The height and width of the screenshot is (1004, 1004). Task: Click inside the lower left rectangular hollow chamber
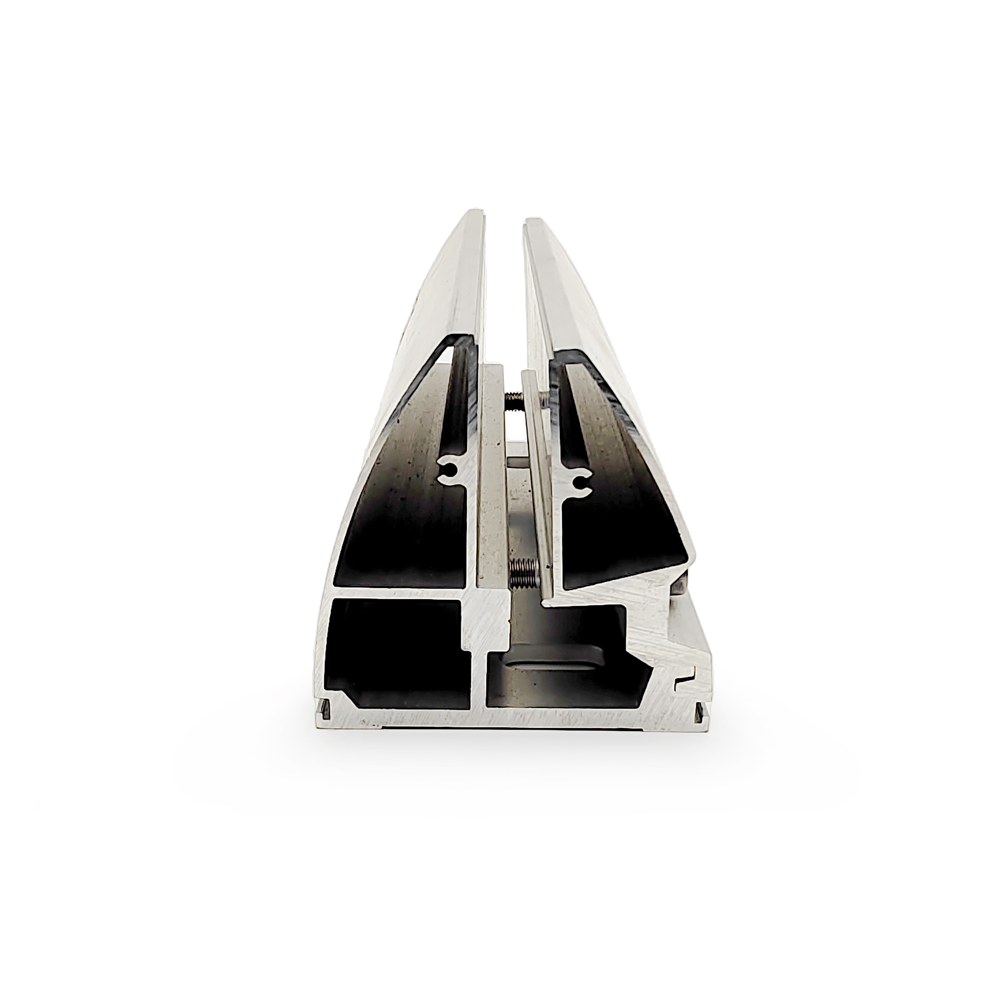395,650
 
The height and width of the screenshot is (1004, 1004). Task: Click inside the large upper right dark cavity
624,494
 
